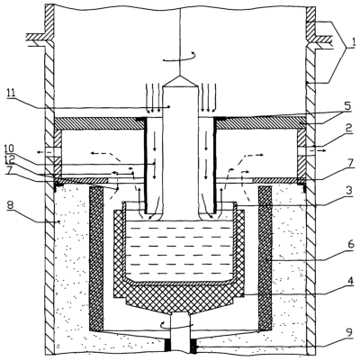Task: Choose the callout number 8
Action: pyautogui.click(x=11, y=206)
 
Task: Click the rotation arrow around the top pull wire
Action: pyautogui.click(x=179, y=57)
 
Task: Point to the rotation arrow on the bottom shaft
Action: pyautogui.click(x=177, y=325)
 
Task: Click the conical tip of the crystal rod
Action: pyautogui.click(x=180, y=80)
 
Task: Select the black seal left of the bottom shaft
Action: pyautogui.click(x=167, y=346)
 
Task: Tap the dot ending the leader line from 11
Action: pyautogui.click(x=169, y=106)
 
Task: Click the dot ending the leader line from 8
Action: pyautogui.click(x=59, y=222)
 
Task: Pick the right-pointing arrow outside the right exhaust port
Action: pyautogui.click(x=320, y=152)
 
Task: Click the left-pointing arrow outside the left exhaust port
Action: pyautogui.click(x=40, y=152)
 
